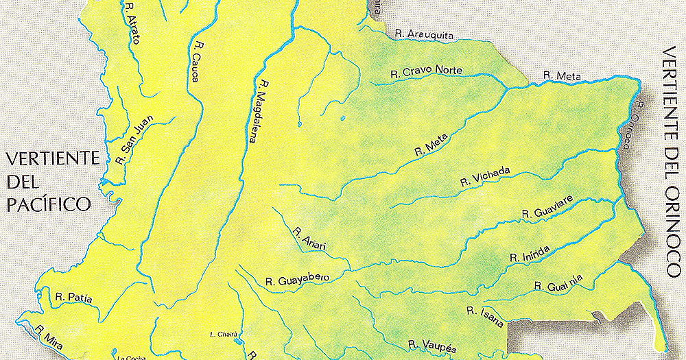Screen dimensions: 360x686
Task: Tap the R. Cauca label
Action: (x=197, y=63)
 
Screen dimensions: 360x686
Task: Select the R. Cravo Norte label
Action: (x=426, y=71)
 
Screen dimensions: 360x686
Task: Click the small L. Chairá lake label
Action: (x=224, y=335)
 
